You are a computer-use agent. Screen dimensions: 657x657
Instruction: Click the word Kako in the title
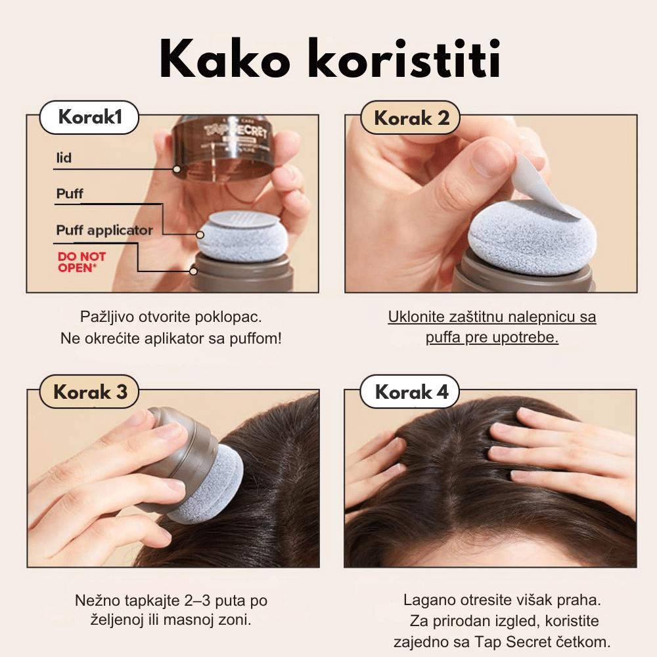225,58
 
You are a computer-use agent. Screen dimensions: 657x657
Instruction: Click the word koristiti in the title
404,58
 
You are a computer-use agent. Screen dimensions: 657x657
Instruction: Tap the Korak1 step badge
89,118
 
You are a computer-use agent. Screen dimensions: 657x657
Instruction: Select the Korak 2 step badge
411,118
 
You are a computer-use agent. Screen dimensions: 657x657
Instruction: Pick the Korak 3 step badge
89,392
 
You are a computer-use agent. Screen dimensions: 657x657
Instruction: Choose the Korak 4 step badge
410,392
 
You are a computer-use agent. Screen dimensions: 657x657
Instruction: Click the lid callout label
64,158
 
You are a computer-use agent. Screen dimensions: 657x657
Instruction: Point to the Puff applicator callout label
104,230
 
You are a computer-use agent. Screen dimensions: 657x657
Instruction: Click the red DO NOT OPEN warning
81,262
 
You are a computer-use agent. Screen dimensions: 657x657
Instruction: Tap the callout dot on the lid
177,169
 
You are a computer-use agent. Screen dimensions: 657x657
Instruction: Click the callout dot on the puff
200,235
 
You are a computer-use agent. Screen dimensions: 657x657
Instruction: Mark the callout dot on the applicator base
193,271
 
